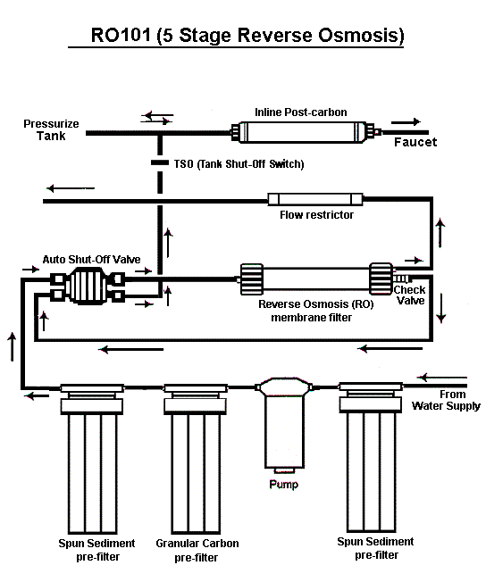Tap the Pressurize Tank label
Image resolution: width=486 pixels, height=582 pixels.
pyautogui.click(x=51, y=129)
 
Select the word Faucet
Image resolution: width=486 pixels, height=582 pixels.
pyautogui.click(x=415, y=142)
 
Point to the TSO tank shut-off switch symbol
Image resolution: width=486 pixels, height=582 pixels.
pyautogui.click(x=160, y=162)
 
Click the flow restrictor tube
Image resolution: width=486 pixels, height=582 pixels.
pyautogui.click(x=315, y=199)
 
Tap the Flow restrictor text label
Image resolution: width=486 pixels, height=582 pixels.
pyautogui.click(x=316, y=214)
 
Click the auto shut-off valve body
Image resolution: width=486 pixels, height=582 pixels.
pyautogui.click(x=88, y=286)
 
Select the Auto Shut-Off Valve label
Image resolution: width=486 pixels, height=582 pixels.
pyautogui.click(x=91, y=259)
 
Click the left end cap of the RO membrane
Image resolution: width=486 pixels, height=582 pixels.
pyautogui.click(x=252, y=279)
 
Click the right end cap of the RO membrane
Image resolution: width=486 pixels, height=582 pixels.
pyautogui.click(x=381, y=279)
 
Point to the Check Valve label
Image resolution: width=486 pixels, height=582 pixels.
pyautogui.click(x=409, y=295)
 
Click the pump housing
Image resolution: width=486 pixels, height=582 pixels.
pyautogui.click(x=284, y=424)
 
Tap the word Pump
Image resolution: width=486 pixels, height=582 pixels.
pyautogui.click(x=283, y=485)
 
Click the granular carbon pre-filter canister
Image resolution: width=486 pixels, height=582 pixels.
pyautogui.click(x=196, y=459)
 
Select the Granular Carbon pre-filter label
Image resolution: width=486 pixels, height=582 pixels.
pyautogui.click(x=197, y=550)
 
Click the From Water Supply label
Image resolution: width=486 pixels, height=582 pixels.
pyautogui.click(x=446, y=400)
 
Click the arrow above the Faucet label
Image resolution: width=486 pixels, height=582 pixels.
pyautogui.click(x=406, y=121)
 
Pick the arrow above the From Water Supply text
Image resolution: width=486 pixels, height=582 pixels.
pyautogui.click(x=442, y=378)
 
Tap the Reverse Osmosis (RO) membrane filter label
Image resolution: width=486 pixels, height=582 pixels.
pyautogui.click(x=316, y=311)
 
